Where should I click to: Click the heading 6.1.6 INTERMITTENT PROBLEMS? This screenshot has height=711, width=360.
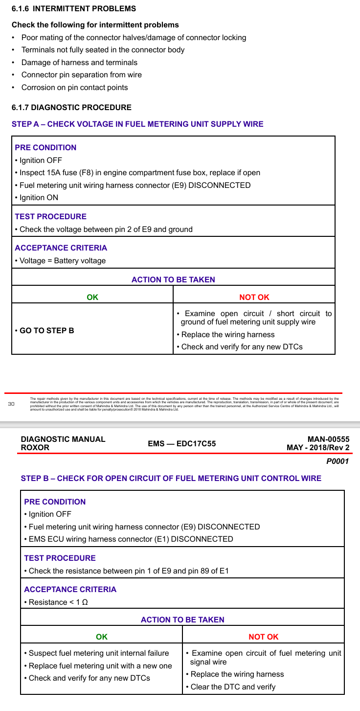[74, 9]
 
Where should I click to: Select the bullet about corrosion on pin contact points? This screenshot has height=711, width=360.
[74, 88]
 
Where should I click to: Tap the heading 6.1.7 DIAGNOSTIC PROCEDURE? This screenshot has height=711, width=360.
[71, 107]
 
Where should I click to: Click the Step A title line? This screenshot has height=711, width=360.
[137, 124]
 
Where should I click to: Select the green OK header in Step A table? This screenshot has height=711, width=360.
[92, 297]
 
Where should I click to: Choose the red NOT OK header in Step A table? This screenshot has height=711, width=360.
[254, 297]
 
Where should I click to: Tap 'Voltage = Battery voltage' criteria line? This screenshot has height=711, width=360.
[62, 261]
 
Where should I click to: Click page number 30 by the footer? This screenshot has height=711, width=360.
[12, 404]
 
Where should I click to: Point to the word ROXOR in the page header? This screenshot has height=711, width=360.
[35, 448]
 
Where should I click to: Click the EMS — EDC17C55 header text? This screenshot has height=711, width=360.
[181, 444]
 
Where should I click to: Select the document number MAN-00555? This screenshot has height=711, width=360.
[328, 439]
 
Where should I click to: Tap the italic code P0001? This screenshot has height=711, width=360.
[337, 461]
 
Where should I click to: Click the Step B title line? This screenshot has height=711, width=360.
[171, 478]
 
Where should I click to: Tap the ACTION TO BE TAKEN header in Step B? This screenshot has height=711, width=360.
[182, 619]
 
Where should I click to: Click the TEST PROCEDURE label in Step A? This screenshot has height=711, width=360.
[50, 216]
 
